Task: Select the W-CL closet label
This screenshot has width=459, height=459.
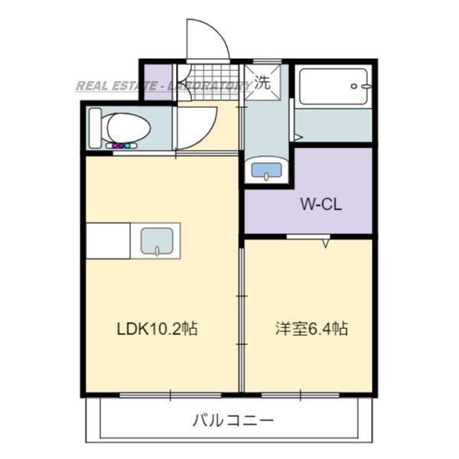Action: [x=319, y=205]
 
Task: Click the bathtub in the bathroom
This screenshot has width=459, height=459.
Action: [x=333, y=88]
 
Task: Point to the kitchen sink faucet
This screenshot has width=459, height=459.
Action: [x=158, y=249]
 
